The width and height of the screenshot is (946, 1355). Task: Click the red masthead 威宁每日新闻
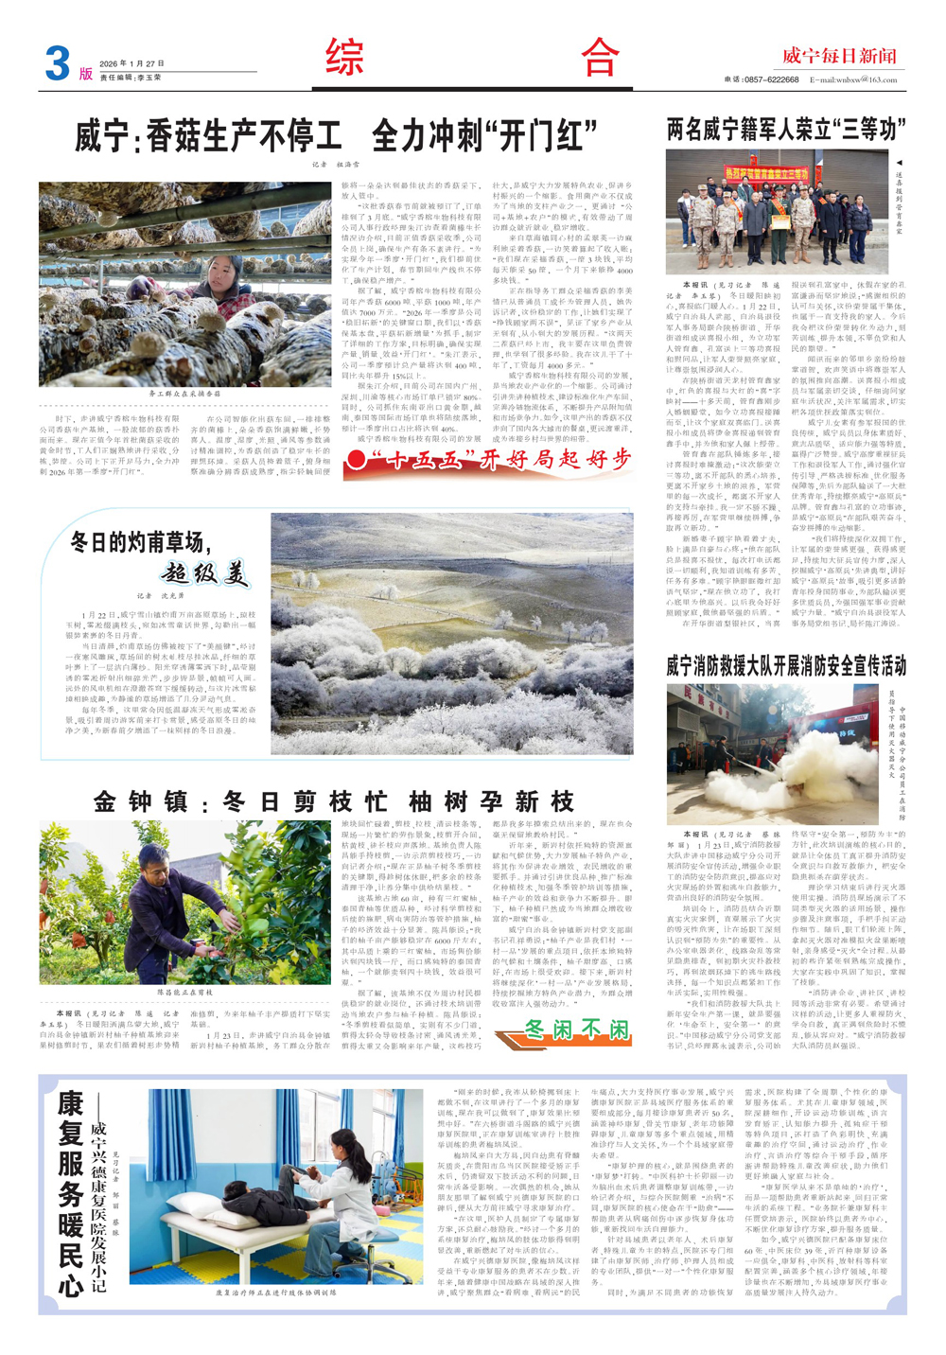(x=838, y=56)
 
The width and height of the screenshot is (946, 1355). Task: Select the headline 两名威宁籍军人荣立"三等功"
(x=786, y=130)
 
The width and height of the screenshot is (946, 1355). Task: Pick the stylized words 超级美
(x=204, y=572)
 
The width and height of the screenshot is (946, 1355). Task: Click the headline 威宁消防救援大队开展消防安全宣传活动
(x=785, y=666)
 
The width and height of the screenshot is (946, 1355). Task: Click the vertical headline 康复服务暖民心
(x=71, y=1193)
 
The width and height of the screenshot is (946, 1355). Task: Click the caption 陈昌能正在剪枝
(x=184, y=993)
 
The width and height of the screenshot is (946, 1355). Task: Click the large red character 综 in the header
(x=345, y=58)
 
